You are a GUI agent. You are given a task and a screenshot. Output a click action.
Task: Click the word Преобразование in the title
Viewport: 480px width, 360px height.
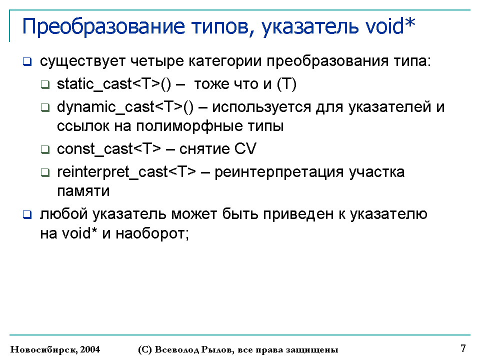(x=103, y=27)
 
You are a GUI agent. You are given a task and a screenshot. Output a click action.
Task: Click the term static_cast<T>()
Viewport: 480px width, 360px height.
(x=114, y=84)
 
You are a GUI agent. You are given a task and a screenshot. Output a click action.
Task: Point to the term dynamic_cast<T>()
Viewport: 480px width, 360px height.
(x=125, y=107)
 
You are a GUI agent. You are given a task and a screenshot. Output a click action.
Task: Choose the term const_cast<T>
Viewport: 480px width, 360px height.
(x=108, y=149)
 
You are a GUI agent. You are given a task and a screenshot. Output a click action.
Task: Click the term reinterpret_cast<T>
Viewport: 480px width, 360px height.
(x=126, y=172)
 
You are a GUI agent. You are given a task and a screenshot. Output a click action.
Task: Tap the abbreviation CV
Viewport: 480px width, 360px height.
(x=245, y=149)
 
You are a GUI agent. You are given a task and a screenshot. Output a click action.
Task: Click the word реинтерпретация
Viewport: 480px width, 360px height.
(x=279, y=172)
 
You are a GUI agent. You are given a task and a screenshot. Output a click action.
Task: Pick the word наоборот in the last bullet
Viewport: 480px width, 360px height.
(x=152, y=234)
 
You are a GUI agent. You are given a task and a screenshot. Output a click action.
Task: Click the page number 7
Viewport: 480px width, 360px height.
(x=463, y=348)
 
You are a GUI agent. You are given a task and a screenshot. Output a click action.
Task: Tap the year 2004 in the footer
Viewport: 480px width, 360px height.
(x=90, y=349)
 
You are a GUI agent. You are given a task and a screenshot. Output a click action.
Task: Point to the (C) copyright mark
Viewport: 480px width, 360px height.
(x=145, y=349)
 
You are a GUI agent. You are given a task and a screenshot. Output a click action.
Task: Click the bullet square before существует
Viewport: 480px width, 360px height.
(x=27, y=62)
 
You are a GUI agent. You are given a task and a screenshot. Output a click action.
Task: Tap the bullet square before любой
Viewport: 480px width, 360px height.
(x=27, y=215)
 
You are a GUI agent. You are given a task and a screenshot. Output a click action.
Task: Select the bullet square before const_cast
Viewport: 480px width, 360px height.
(x=45, y=149)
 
